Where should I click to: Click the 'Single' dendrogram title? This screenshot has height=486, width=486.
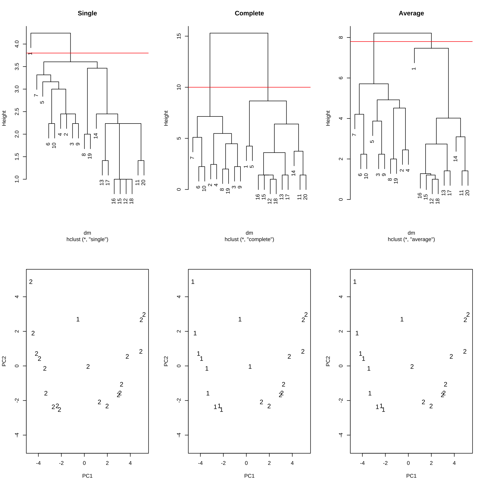[87, 13]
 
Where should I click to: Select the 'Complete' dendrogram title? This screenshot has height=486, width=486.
[249, 13]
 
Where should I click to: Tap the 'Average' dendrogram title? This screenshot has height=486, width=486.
[411, 13]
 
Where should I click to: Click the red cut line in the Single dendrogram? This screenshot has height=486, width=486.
[114, 53]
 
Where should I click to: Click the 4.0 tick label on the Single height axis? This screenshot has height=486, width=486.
[17, 44]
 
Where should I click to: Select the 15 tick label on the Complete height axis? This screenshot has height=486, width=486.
[179, 36]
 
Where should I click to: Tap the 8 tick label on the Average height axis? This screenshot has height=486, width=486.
[341, 37]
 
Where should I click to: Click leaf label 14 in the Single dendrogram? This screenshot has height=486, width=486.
[96, 136]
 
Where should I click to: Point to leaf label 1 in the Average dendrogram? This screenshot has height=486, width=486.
[414, 69]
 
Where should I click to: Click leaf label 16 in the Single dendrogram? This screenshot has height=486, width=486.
[113, 201]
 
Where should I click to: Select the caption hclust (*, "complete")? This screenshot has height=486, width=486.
[249, 239]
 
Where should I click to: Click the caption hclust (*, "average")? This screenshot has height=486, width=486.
[411, 239]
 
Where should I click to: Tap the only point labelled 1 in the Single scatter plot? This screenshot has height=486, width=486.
[78, 319]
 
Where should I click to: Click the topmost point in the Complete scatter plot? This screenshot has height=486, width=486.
[193, 282]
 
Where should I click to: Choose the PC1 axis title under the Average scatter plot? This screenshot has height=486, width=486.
[411, 476]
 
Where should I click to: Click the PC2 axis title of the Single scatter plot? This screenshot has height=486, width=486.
[4, 361]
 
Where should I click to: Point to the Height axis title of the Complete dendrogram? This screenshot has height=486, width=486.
[166, 118]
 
